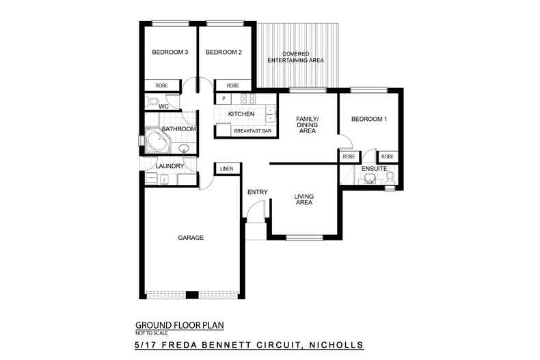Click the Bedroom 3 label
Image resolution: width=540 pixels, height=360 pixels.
[x=170, y=53]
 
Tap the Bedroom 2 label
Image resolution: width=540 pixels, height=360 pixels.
[x=224, y=53]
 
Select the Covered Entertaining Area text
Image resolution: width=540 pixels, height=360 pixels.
[x=295, y=57]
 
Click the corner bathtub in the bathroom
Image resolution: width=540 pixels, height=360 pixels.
[x=157, y=141]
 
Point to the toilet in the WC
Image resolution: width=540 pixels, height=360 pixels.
[x=152, y=101]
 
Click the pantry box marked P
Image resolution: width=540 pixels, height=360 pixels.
[x=224, y=99]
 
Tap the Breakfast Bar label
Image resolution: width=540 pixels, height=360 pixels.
[x=252, y=131]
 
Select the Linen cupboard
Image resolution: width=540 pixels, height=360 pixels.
[x=227, y=169]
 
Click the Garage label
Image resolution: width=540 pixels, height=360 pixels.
[x=191, y=238]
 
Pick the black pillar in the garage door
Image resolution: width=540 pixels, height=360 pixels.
[x=192, y=295]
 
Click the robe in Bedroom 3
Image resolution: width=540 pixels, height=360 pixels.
[x=162, y=85]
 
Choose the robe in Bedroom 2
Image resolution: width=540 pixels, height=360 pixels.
[x=233, y=85]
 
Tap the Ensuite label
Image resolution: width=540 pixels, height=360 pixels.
[x=375, y=169]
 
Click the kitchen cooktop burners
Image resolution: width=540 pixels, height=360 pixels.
[x=248, y=98]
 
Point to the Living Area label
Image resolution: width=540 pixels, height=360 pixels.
[x=303, y=199]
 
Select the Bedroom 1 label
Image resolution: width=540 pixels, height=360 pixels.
[x=369, y=119]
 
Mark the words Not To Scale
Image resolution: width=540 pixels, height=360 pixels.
[x=152, y=333]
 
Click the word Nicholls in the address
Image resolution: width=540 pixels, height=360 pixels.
[x=336, y=344]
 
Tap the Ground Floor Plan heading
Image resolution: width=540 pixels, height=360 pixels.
[x=179, y=325]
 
